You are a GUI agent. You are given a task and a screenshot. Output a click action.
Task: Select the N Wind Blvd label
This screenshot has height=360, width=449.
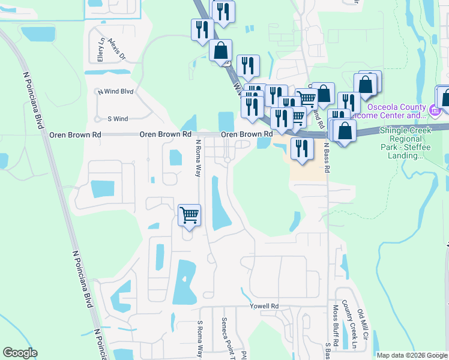115,92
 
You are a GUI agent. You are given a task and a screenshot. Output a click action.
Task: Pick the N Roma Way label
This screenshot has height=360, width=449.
198,158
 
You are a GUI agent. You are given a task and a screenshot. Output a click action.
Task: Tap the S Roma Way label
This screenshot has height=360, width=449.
200,339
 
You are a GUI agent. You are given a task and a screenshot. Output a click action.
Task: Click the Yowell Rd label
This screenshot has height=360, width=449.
265,307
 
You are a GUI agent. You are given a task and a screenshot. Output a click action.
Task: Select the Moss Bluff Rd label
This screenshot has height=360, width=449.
336,328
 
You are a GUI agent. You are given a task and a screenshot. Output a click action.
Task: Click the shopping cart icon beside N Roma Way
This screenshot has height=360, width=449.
189,214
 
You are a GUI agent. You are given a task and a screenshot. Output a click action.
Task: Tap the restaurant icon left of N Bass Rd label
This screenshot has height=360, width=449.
301,148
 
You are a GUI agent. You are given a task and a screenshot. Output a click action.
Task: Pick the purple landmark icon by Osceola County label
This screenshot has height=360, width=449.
436,110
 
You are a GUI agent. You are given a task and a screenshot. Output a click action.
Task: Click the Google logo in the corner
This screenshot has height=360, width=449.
20,353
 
